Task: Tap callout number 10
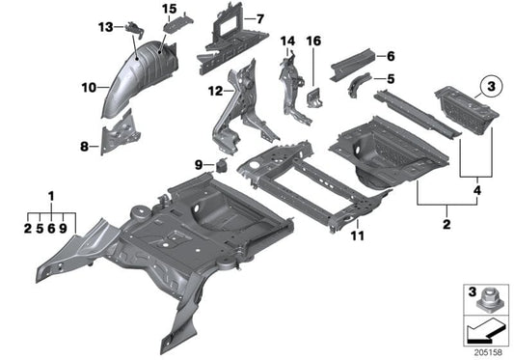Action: (x=88, y=88)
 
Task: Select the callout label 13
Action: (x=104, y=26)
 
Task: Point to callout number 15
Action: (x=170, y=10)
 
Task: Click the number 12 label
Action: (x=213, y=92)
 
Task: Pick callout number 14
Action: (x=287, y=40)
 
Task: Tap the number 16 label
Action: (x=312, y=40)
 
